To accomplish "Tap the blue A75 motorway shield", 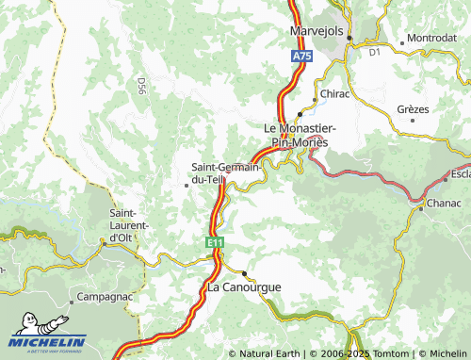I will [299, 58].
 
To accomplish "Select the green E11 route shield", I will [216, 243].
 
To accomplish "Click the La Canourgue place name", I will [244, 286].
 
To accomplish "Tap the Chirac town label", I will [334, 95].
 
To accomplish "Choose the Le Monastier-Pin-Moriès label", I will [298, 135].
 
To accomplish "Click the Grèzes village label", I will [413, 109].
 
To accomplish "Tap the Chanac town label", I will [444, 203].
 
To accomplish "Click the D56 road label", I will [140, 87].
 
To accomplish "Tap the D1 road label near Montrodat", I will [374, 53].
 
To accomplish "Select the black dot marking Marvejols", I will [349, 38].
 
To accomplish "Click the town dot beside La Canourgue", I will [245, 273].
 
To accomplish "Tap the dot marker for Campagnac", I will [71, 304].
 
